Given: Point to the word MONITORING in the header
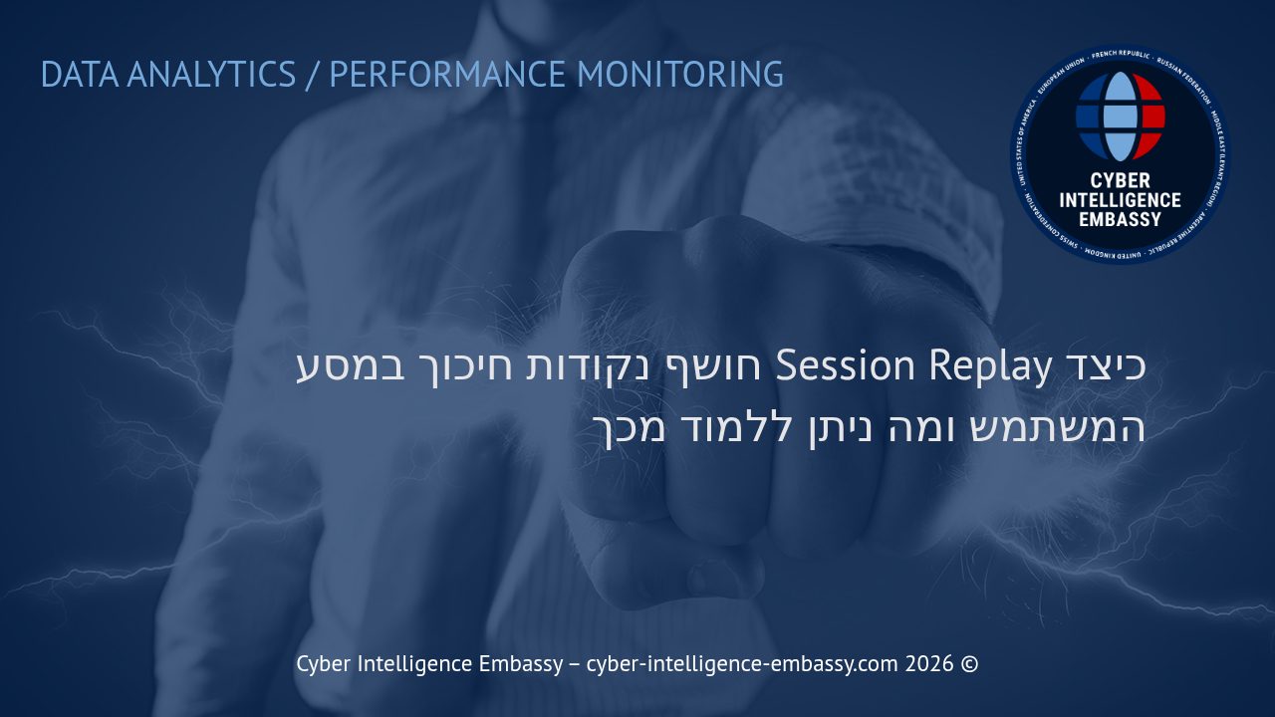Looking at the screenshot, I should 680,75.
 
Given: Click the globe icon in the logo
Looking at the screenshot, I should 1121,117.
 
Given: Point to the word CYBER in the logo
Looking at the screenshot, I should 1121,180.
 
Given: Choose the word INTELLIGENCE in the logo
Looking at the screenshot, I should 1121,199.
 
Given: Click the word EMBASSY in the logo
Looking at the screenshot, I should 1121,219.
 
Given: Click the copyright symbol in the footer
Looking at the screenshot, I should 969,664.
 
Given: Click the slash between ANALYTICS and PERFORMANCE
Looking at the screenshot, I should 313,75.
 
